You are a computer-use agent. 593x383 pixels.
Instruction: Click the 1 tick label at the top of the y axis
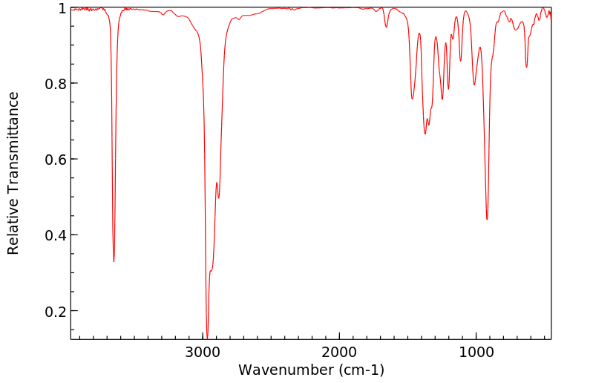coord(62,8)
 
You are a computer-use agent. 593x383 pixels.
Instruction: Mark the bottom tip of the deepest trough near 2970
coord(207,335)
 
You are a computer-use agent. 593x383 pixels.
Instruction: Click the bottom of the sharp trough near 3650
coord(114,261)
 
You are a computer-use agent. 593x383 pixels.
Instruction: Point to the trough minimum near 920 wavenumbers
coord(487,219)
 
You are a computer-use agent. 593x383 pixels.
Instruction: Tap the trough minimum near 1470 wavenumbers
coord(412,99)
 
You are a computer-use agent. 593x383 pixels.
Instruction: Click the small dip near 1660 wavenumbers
coord(386,27)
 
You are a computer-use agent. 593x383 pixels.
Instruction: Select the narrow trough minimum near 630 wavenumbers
coord(526,68)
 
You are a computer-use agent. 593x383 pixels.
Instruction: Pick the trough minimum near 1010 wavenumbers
coord(474,85)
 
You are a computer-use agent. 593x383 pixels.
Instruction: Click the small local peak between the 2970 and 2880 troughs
coord(216,183)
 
